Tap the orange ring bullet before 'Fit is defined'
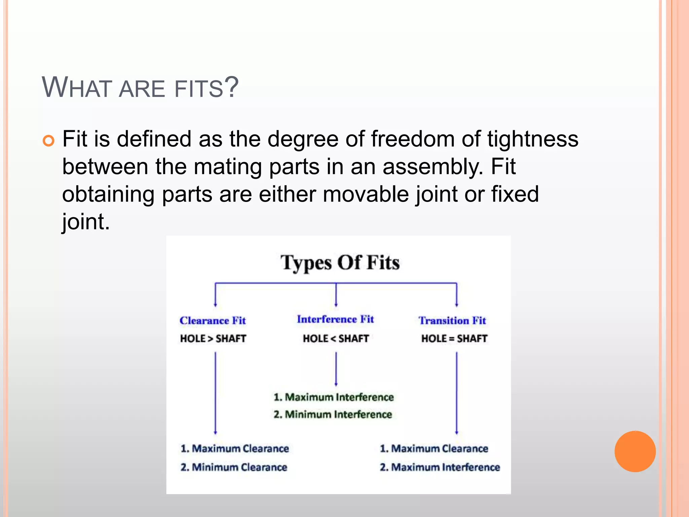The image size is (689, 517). point(49,141)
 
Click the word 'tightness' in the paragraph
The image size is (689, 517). point(533,139)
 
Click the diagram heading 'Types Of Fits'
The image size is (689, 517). point(340,263)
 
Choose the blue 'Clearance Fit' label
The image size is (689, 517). point(213,320)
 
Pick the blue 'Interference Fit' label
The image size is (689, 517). point(335,319)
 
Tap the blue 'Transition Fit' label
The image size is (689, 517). point(452,320)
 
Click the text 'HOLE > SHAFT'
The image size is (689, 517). point(213,338)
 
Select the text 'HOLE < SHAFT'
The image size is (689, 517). point(336,338)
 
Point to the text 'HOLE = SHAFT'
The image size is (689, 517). point(454,338)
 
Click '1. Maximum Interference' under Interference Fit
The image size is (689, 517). point(333,397)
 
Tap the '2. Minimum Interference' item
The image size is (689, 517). point(333,414)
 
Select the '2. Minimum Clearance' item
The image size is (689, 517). point(234,467)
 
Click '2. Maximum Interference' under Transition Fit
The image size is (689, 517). point(440,467)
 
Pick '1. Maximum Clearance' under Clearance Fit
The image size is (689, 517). point(234,449)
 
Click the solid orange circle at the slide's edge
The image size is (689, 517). point(635,451)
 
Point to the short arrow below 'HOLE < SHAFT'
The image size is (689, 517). point(336,369)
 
